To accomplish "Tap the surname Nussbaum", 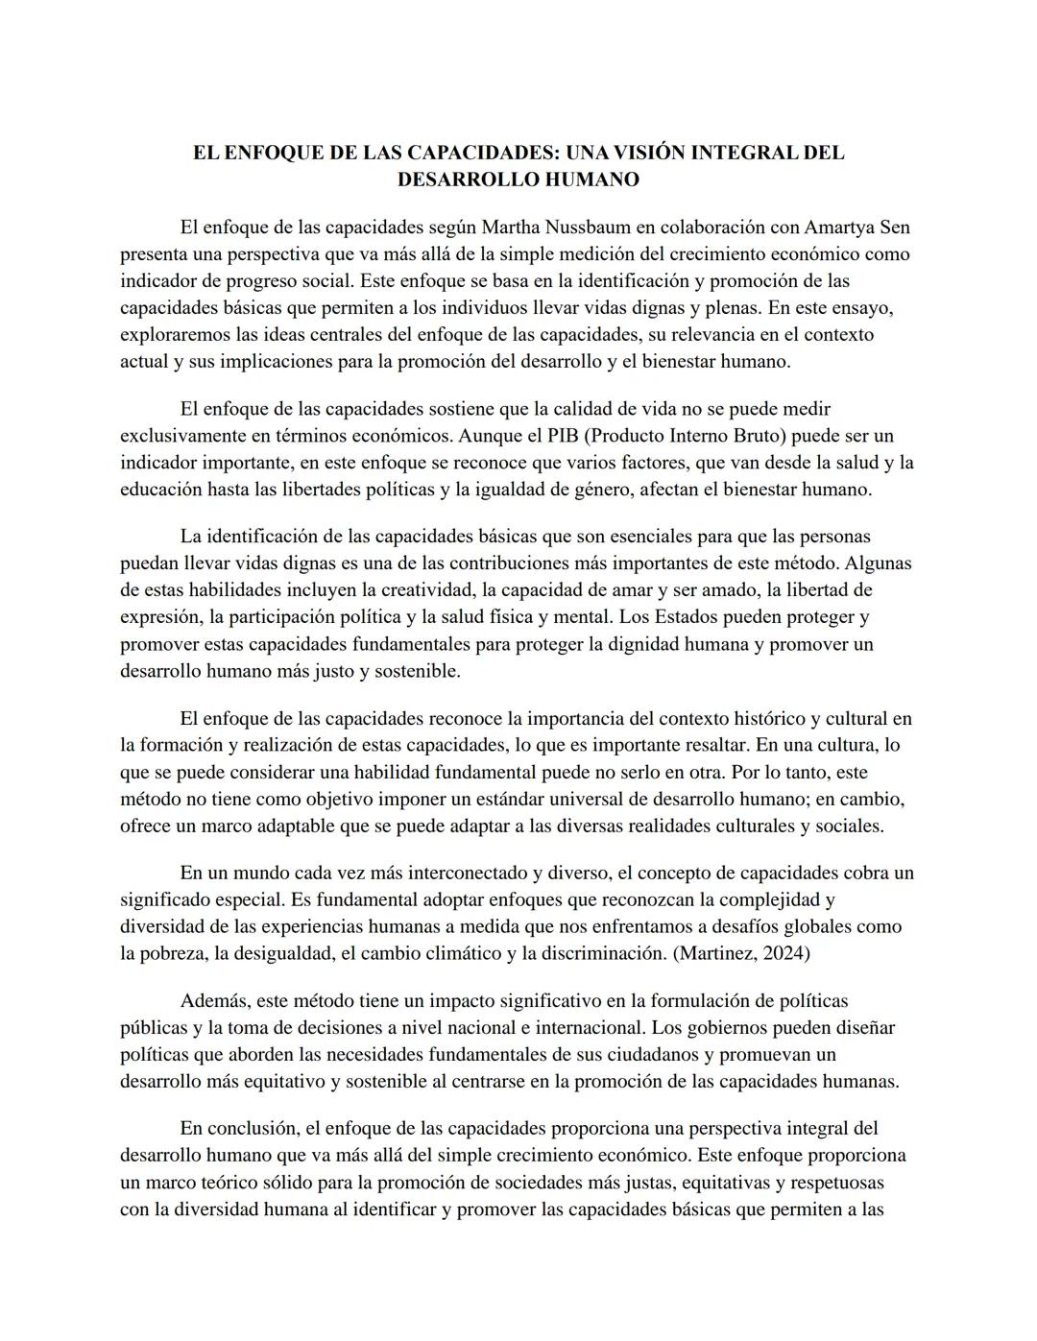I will (588, 227).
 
